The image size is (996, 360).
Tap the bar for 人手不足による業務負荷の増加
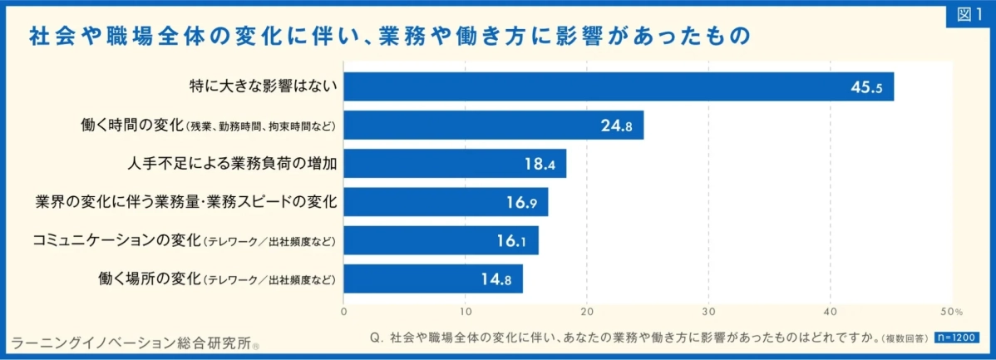click(x=455, y=164)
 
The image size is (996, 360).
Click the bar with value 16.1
click(x=441, y=240)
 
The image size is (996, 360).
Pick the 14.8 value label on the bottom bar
click(x=496, y=279)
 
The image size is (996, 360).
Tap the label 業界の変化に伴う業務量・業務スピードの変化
click(x=186, y=202)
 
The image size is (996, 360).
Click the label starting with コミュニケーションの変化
click(x=184, y=240)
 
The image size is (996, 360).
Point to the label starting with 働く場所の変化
click(x=216, y=279)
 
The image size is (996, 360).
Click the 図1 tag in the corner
click(x=969, y=15)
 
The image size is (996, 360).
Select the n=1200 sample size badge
click(x=956, y=338)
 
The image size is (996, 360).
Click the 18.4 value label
click(x=540, y=164)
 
